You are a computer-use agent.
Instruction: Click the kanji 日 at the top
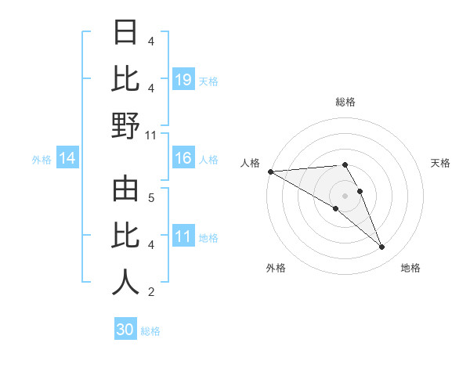125,33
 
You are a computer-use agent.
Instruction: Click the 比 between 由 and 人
125,236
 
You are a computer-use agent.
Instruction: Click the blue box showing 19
183,80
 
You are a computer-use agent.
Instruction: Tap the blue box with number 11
183,237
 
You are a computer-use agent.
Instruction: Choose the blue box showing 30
125,330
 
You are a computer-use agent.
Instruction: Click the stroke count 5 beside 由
151,197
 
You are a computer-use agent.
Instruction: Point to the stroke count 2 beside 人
151,292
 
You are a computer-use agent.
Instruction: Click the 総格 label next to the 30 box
150,331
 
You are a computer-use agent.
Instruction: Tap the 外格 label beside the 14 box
42,160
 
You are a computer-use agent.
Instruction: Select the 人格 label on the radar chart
251,163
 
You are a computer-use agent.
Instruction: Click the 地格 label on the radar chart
410,268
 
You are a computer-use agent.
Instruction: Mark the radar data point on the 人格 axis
270,171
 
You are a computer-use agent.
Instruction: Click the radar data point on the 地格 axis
381,247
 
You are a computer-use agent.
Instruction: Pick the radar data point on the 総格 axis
345,164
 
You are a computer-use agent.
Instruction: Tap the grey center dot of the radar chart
345,195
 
